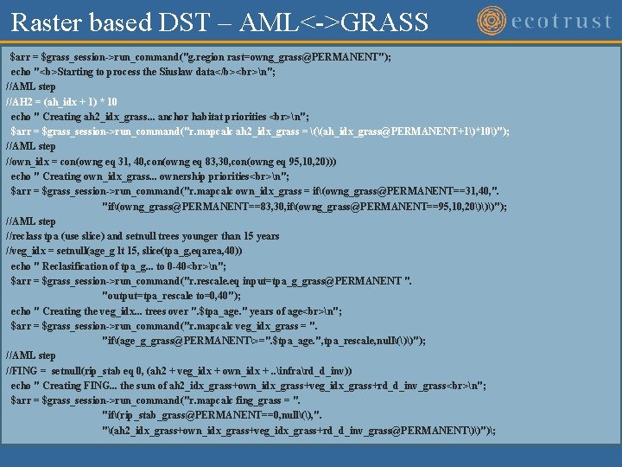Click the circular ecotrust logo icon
[493, 21]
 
